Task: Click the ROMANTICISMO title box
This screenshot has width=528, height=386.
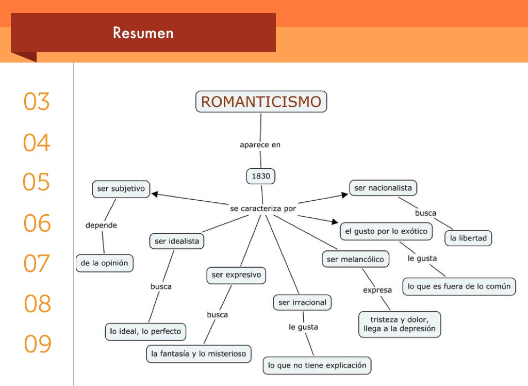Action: [x=261, y=102]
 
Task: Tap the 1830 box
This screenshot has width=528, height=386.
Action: [x=261, y=176]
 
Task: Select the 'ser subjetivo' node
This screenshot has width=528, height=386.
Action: [x=121, y=189]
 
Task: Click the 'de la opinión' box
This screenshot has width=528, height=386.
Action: [x=105, y=263]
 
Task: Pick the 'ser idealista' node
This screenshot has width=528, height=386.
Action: [x=177, y=241]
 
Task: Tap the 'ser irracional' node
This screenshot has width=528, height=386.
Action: [x=302, y=302]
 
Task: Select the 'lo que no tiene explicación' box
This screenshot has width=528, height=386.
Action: [x=317, y=365]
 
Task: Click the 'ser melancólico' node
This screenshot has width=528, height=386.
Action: [x=355, y=259]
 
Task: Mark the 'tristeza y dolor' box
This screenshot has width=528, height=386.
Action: [x=400, y=324]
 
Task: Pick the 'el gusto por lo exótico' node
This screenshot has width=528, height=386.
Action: [x=386, y=231]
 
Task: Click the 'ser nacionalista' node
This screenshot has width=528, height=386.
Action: [x=383, y=188]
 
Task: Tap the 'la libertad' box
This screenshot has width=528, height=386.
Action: [x=468, y=238]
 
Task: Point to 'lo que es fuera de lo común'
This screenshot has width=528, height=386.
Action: [x=459, y=286]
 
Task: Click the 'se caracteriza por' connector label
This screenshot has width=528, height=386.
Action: [x=263, y=208]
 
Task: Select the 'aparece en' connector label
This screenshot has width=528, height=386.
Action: [x=260, y=145]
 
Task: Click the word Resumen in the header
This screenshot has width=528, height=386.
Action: [x=143, y=33]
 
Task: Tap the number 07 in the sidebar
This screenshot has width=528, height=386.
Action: [x=37, y=263]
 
